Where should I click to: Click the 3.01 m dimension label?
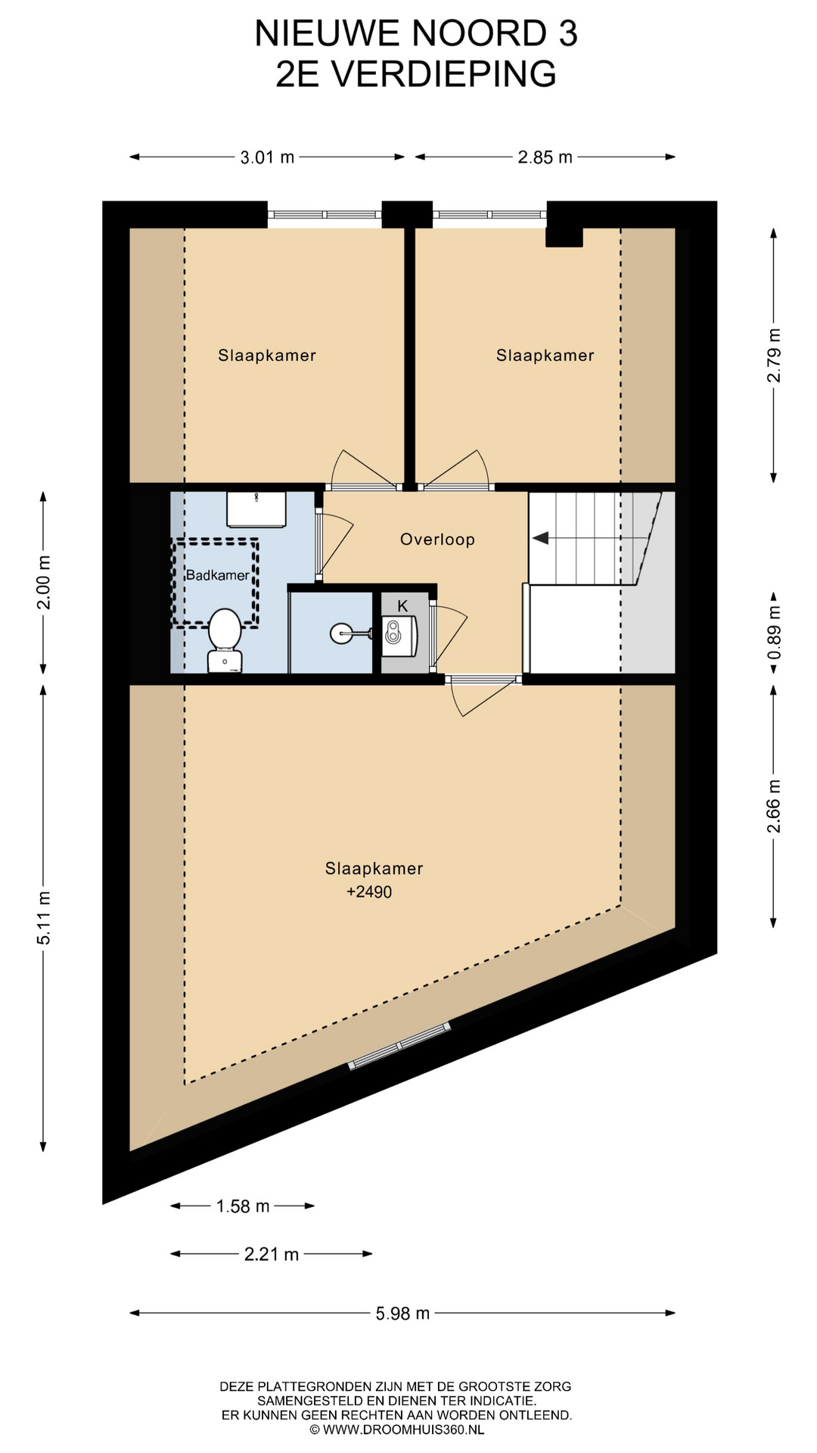pyautogui.click(x=267, y=157)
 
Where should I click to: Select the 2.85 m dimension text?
pyautogui.click(x=545, y=157)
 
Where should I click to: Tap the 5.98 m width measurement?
pyautogui.click(x=402, y=1314)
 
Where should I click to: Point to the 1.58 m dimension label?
pyautogui.click(x=243, y=1206)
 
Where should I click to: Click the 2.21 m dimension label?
pyautogui.click(x=272, y=1255)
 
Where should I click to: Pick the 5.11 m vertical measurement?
pyautogui.click(x=44, y=917)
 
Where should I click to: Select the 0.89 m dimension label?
pyautogui.click(x=774, y=633)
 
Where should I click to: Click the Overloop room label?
pyautogui.click(x=437, y=540)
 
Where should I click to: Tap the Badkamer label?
pyautogui.click(x=218, y=575)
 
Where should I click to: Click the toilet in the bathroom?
pyautogui.click(x=225, y=640)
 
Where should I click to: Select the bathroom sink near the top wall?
pyautogui.click(x=256, y=509)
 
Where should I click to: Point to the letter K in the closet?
pyautogui.click(x=402, y=605)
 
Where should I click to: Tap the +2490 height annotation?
pyautogui.click(x=369, y=892)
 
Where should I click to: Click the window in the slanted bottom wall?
pyautogui.click(x=399, y=1045)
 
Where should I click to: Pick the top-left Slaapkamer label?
pyautogui.click(x=267, y=356)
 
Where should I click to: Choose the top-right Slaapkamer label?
pyautogui.click(x=545, y=356)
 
